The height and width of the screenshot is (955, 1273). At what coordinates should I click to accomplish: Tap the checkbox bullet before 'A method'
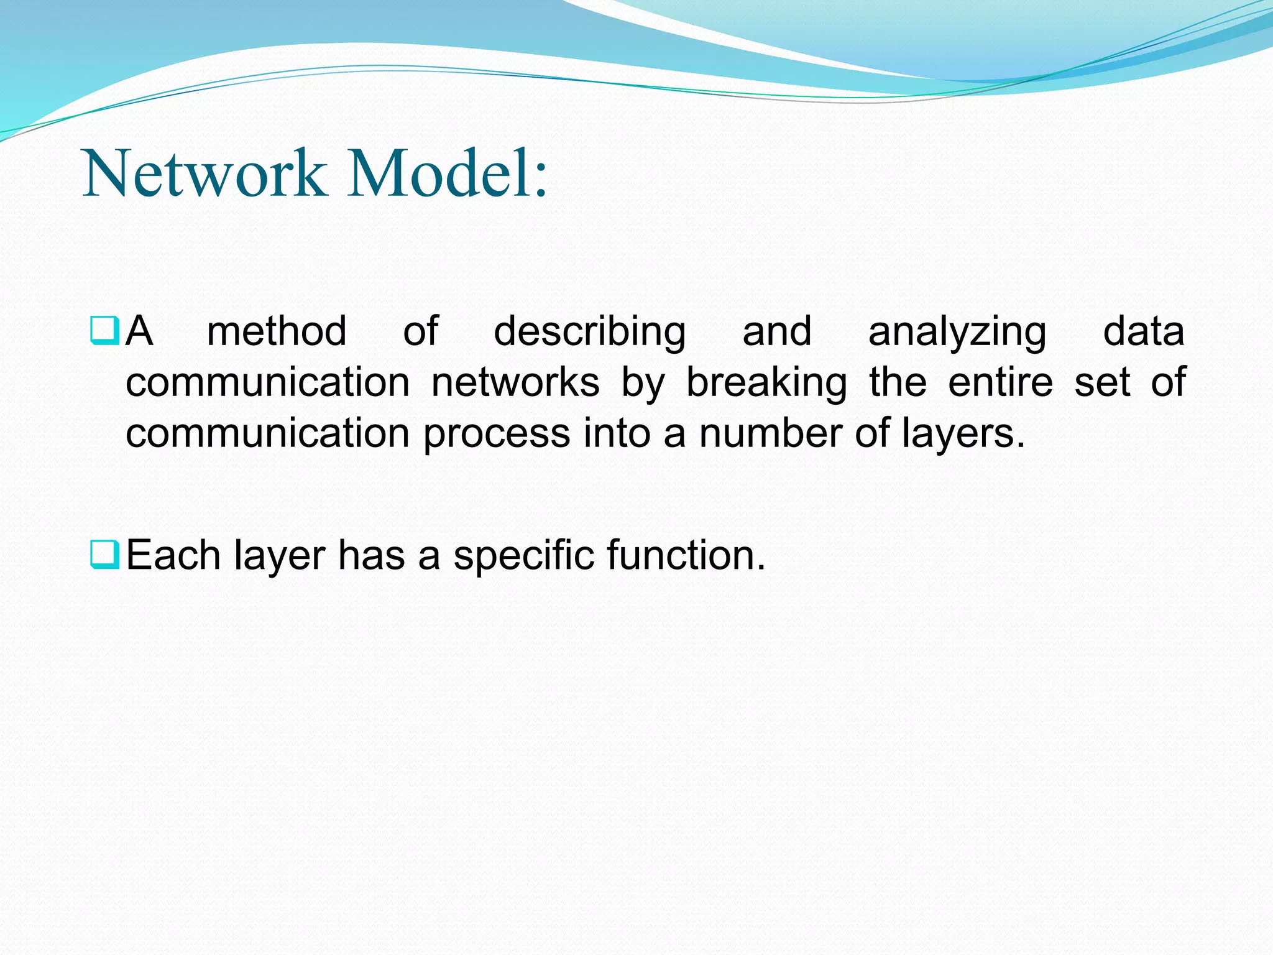point(104,330)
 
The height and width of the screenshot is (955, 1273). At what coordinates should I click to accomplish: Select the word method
point(277,331)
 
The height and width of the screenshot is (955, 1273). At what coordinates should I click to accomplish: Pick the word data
point(1143,331)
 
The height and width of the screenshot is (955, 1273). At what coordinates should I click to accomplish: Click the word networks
point(515,382)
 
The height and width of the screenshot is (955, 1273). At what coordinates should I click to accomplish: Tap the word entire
point(1000,382)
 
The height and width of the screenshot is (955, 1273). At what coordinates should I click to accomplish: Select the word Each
point(173,555)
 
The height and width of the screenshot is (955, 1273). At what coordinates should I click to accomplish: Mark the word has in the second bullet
point(371,555)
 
